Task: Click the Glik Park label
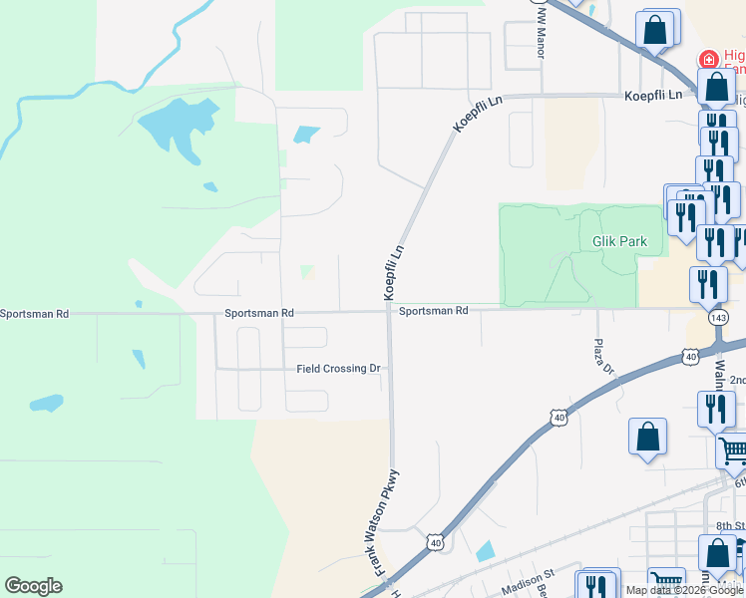619,241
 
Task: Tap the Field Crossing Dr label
338,369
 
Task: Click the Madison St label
528,582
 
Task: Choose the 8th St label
730,525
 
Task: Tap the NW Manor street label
543,27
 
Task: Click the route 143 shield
718,317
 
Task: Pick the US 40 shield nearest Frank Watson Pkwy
434,541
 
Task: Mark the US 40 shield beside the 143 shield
690,355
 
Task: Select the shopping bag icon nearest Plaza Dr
647,436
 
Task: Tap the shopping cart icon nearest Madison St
665,581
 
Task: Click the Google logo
33,586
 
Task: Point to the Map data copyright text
684,590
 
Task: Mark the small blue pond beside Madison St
485,550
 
